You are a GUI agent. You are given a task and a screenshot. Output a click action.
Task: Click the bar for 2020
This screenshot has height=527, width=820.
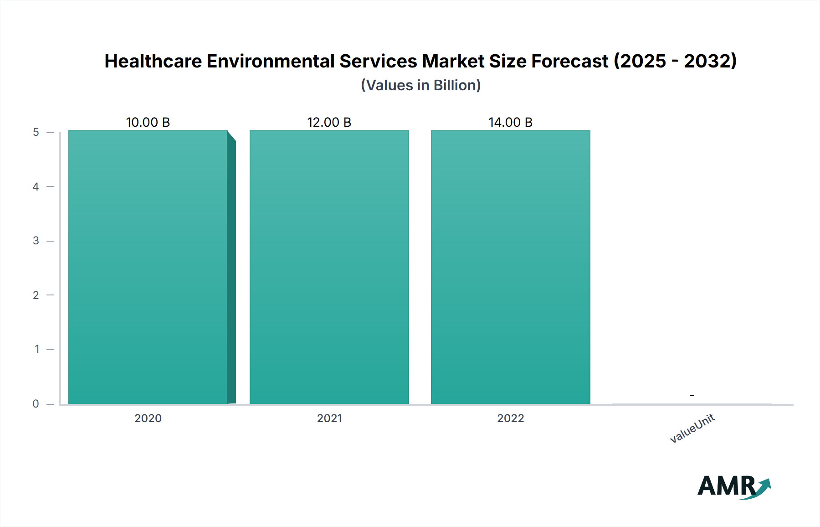tap(148, 268)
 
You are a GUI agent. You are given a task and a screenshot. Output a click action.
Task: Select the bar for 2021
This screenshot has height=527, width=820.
tap(329, 268)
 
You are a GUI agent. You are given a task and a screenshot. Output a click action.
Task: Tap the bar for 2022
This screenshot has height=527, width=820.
tap(510, 268)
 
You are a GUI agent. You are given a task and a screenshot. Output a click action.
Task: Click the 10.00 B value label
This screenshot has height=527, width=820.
tap(148, 122)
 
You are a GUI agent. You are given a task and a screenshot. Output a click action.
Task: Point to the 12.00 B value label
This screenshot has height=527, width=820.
tap(329, 122)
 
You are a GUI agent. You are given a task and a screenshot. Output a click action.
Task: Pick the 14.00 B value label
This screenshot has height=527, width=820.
tap(510, 122)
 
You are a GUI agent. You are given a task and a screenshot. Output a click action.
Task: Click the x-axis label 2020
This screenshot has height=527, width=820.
tap(148, 418)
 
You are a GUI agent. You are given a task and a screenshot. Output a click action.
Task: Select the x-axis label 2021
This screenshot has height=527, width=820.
tap(329, 418)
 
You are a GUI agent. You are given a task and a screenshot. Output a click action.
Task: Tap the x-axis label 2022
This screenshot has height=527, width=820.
tap(510, 418)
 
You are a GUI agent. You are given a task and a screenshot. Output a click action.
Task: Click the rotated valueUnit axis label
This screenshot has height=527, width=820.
tap(692, 428)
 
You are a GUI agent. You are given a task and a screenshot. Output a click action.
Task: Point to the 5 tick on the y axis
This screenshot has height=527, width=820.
tap(36, 132)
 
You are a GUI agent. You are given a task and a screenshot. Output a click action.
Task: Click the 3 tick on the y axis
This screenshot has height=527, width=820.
tap(36, 241)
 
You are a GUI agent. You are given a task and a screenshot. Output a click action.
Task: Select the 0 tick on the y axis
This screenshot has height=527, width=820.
tap(36, 403)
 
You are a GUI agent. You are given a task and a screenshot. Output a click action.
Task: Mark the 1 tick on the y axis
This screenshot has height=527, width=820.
tap(37, 349)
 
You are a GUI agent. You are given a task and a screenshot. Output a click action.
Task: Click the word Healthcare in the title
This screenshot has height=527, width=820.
tap(153, 61)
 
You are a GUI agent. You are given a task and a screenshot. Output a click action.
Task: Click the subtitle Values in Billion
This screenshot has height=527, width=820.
tap(420, 85)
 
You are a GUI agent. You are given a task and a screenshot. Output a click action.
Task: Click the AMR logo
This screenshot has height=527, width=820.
tap(733, 486)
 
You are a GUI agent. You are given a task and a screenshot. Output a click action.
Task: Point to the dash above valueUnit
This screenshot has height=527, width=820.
tap(692, 395)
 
